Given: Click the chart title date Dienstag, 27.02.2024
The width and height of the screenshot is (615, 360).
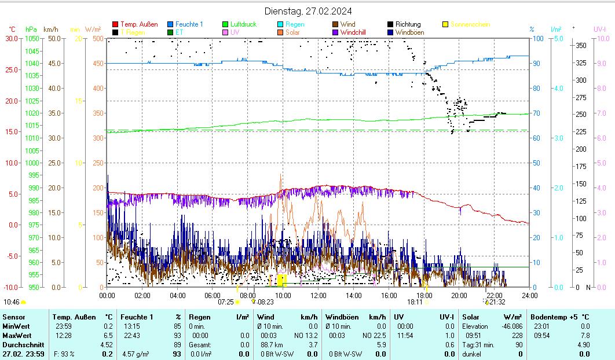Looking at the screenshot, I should click(307, 11).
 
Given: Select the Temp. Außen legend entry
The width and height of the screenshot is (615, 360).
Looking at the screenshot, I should click(138, 24).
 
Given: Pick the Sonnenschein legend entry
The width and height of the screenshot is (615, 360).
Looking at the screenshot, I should click(470, 24).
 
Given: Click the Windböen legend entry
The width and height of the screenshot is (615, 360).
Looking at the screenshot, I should click(409, 32).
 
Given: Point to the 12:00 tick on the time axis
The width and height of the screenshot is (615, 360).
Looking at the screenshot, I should click(318, 295).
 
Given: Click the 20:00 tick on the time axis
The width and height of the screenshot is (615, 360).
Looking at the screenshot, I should click(459, 295).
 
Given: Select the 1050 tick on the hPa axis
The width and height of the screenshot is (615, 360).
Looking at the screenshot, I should click(32, 38).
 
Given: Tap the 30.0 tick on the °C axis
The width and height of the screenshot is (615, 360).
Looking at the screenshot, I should click(12, 38).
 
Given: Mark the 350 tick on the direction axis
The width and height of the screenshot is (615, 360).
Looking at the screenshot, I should click(581, 45).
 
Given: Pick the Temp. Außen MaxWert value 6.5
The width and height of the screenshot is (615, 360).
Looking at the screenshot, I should click(107, 336).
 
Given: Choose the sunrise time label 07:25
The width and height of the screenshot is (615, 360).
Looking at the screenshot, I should click(225, 302).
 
